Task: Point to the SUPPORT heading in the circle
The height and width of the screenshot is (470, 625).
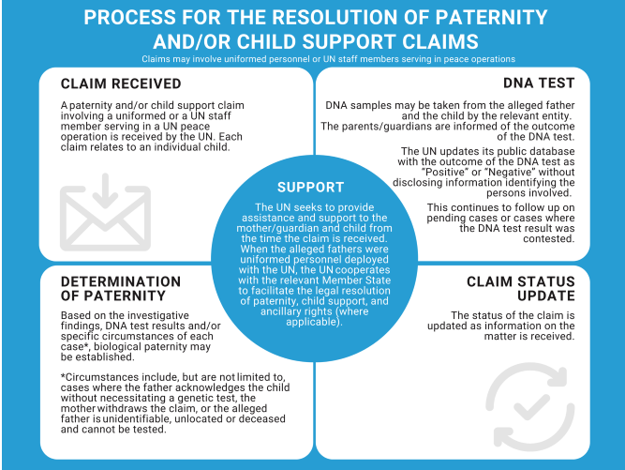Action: click(x=311, y=188)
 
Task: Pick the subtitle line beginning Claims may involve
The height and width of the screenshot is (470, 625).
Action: click(x=312, y=58)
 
